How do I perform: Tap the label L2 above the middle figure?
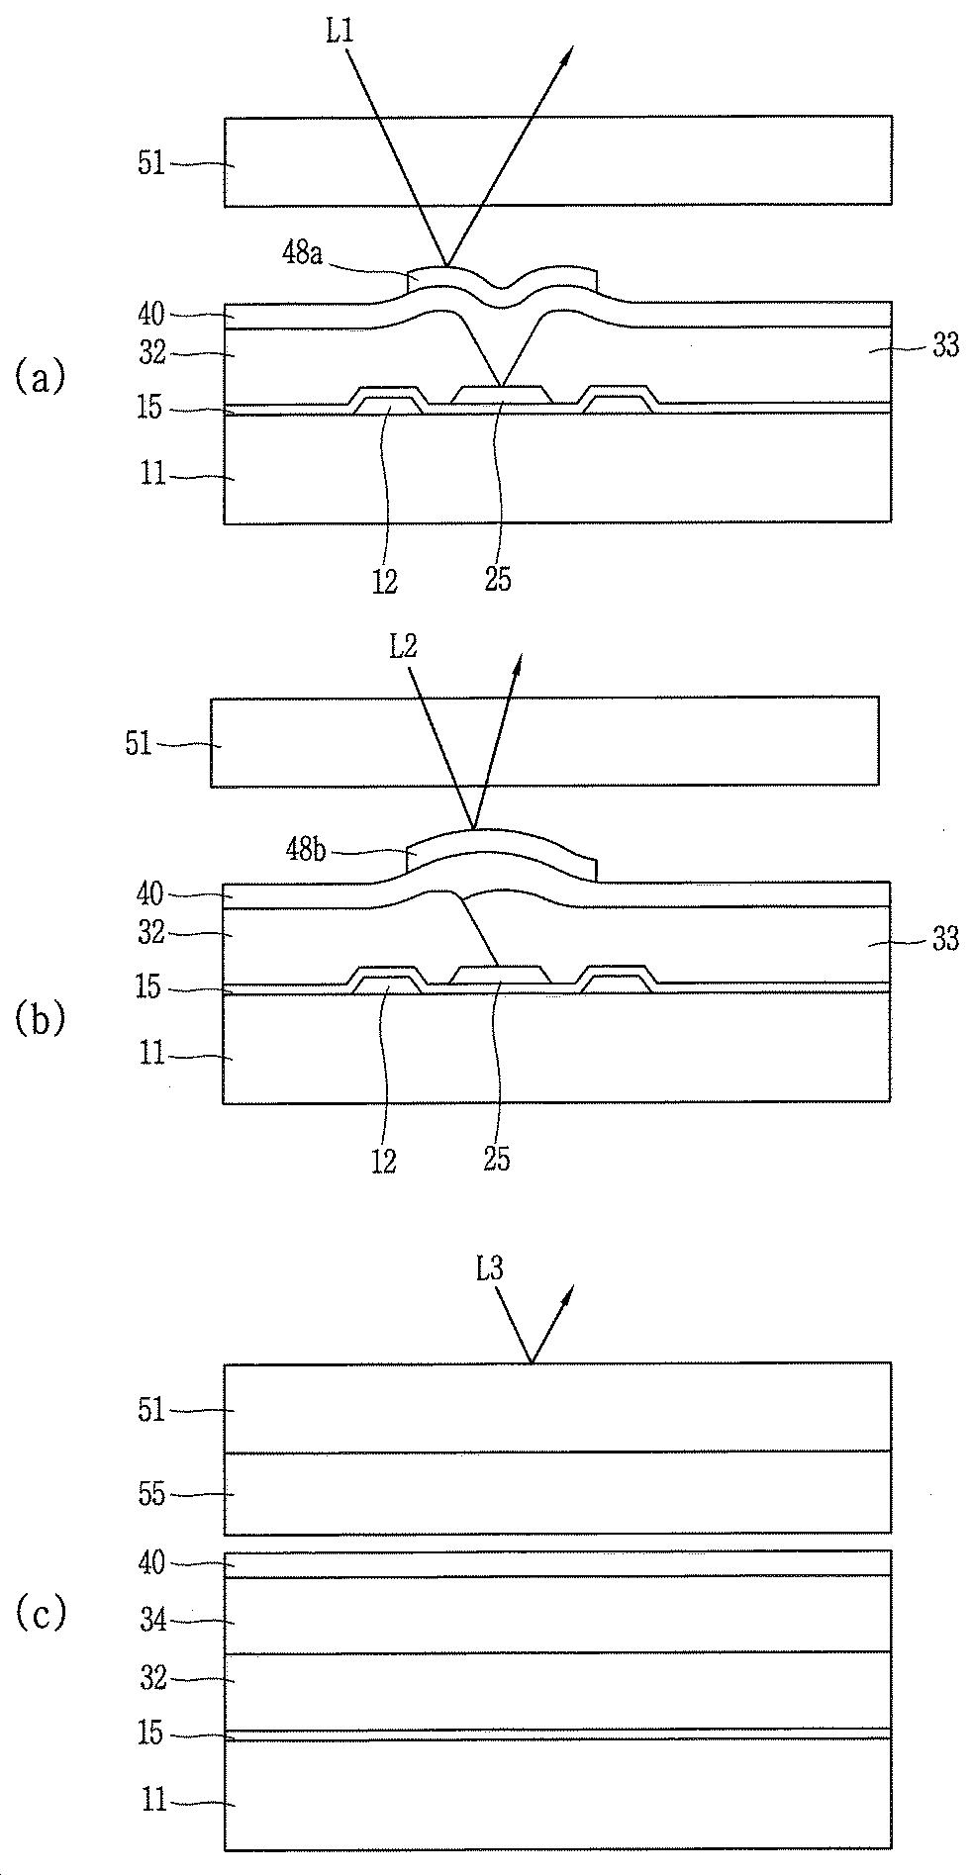(x=403, y=647)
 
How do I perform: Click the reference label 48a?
(x=302, y=253)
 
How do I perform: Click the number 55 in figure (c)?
(x=151, y=1494)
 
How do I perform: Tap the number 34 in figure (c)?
(x=151, y=1621)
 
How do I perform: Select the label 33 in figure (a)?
(x=945, y=345)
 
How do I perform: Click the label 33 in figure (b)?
(x=945, y=938)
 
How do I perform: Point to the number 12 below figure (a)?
(x=385, y=582)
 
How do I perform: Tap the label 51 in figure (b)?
(x=139, y=743)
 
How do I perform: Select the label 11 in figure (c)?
(x=153, y=1799)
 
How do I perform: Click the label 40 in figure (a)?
(x=151, y=315)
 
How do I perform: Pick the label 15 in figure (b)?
(x=148, y=987)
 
